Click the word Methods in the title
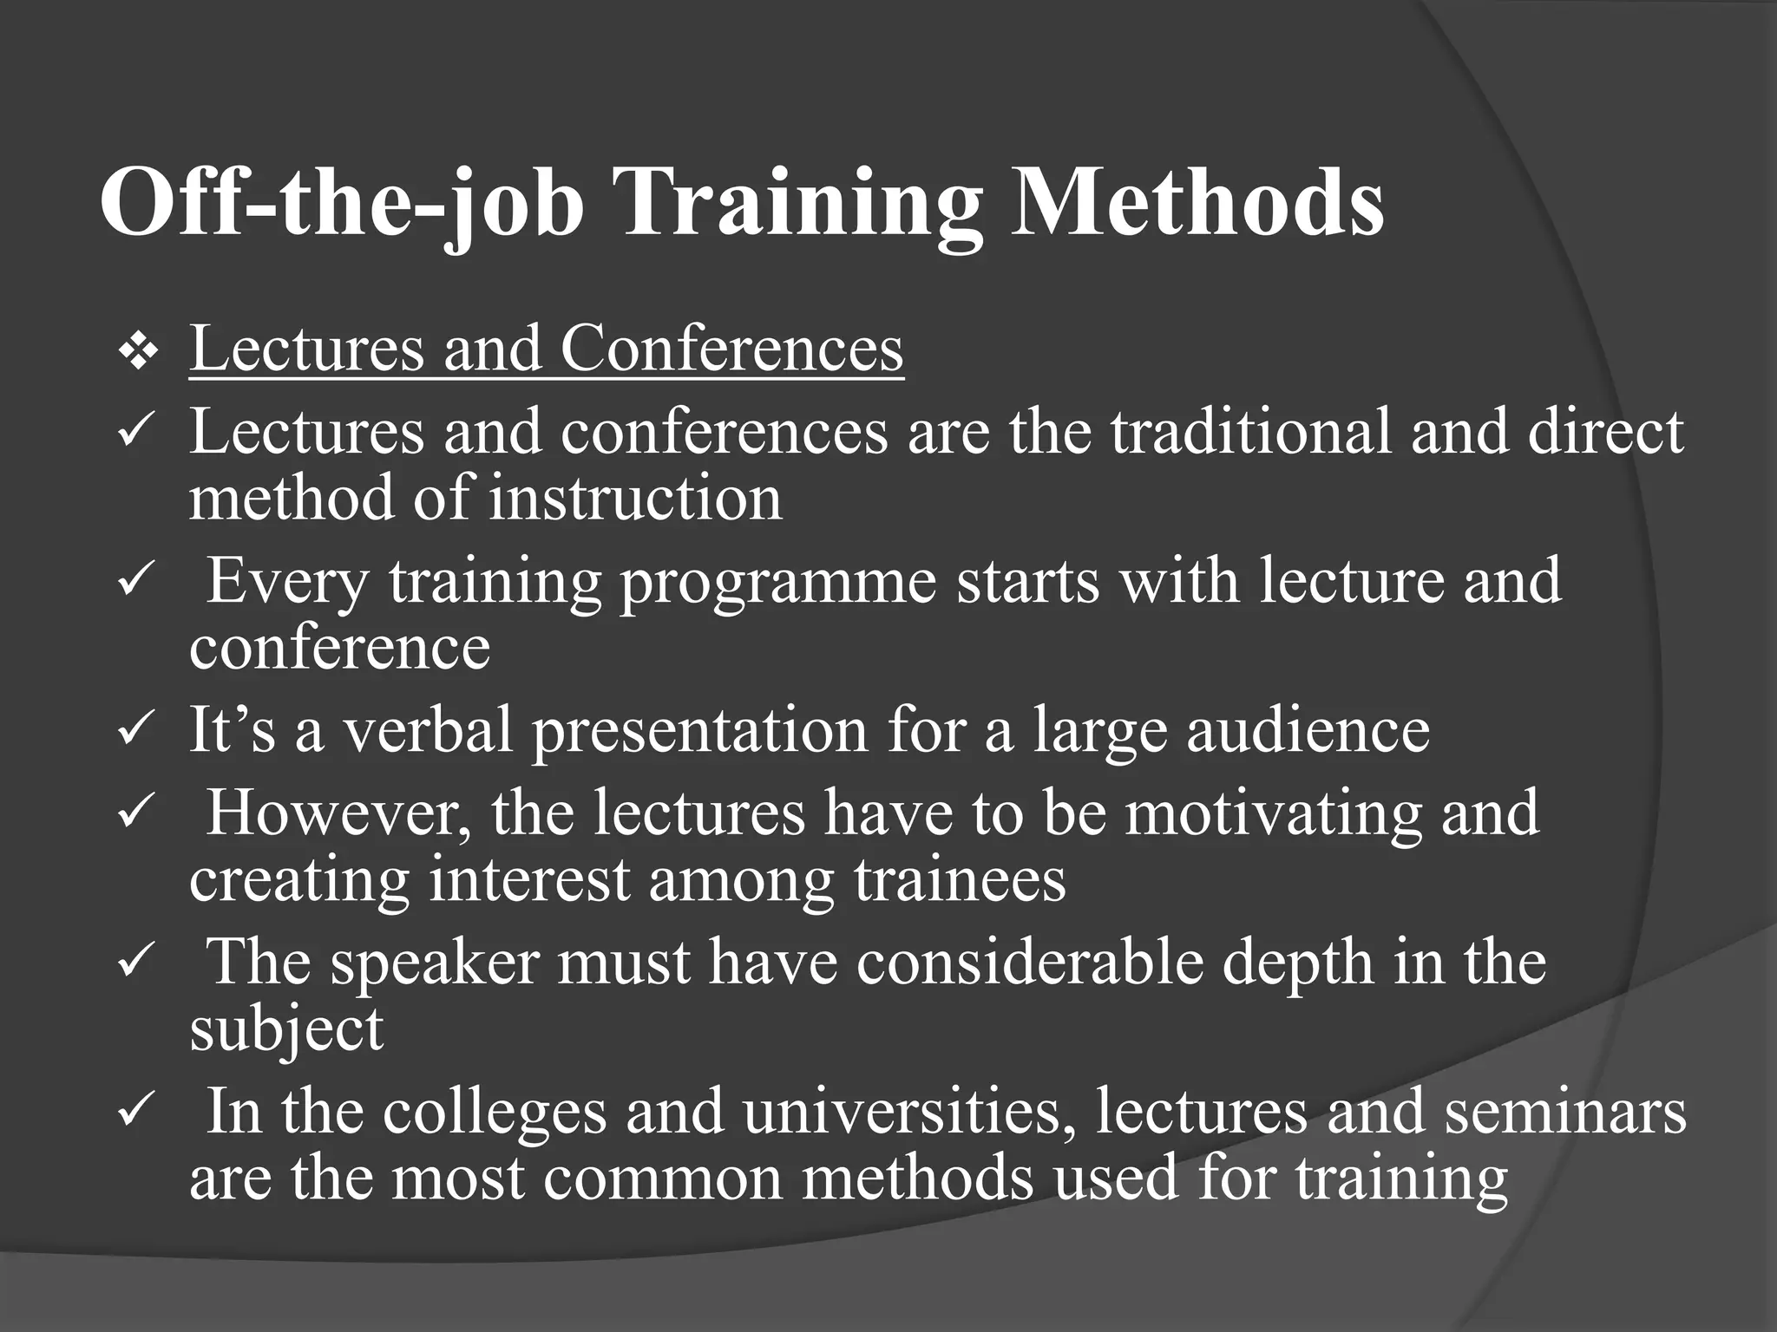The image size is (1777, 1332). pos(1197,203)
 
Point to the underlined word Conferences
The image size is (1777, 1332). pos(731,349)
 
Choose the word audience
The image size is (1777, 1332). pos(1308,730)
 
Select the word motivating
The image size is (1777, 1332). pos(1273,815)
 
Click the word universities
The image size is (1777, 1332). pos(902,1112)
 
